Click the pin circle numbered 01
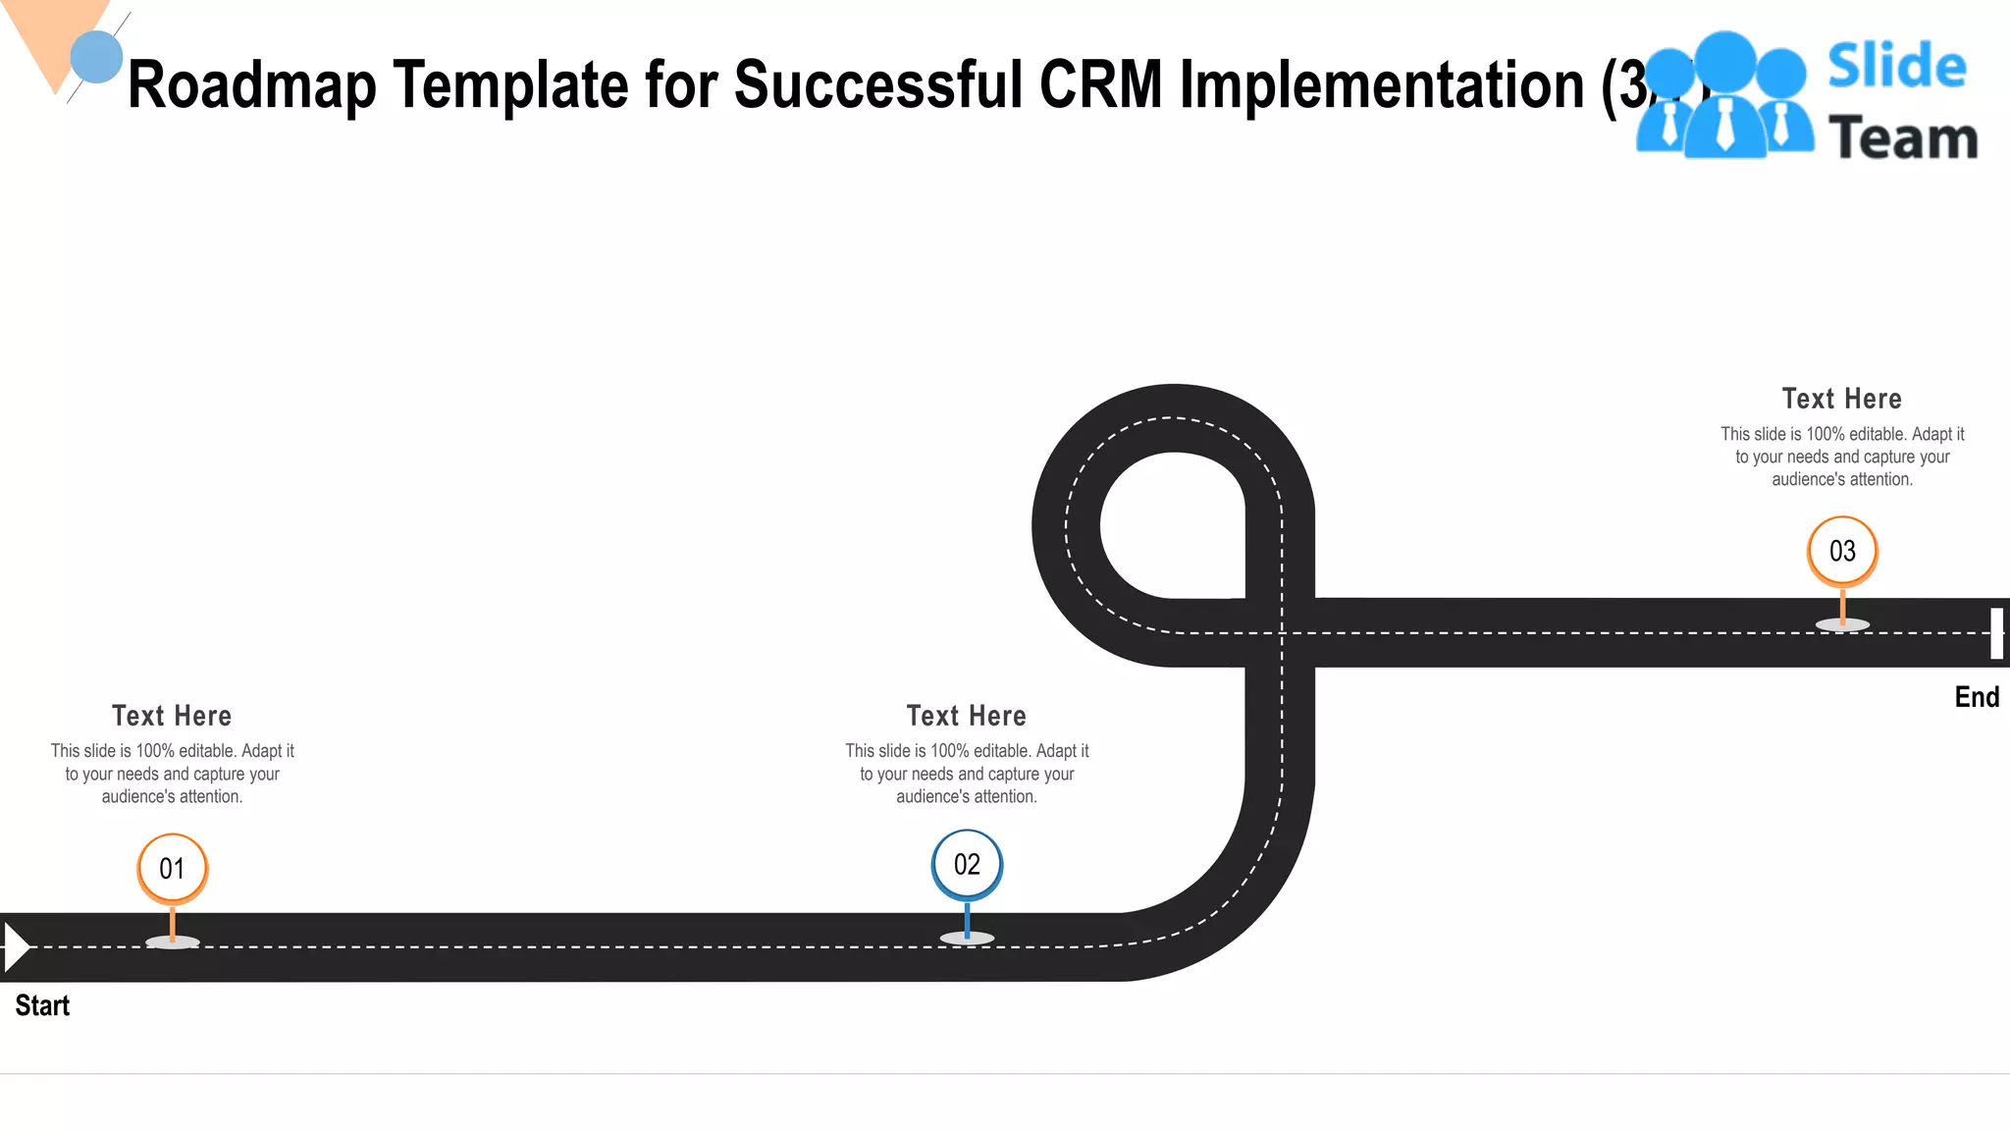click(172, 869)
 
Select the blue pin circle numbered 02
click(967, 865)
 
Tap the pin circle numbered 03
click(1842, 551)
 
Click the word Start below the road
click(42, 1005)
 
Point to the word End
click(1977, 697)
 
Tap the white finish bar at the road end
click(1996, 633)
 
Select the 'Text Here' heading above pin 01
click(172, 716)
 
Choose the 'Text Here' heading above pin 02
click(967, 716)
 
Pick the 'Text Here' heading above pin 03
click(1842, 399)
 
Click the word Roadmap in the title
click(251, 85)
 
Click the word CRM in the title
click(1100, 85)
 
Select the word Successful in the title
click(878, 85)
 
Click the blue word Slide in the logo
click(1897, 66)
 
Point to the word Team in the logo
click(1903, 138)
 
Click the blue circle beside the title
click(96, 56)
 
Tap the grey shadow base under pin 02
click(967, 939)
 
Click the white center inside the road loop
click(1173, 525)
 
